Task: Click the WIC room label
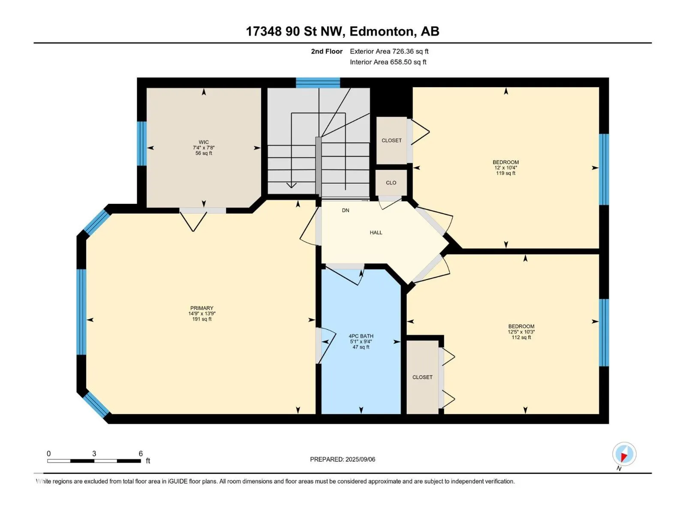tap(204, 142)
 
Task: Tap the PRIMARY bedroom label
tap(202, 308)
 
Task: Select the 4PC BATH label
tap(361, 336)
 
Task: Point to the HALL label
tap(376, 232)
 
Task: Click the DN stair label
tap(345, 210)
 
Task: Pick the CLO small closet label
tap(391, 183)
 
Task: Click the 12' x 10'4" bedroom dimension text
tap(505, 168)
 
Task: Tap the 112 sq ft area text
tap(521, 337)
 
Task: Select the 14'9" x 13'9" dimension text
tap(202, 314)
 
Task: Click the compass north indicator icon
tap(624, 454)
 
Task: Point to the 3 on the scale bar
tap(94, 453)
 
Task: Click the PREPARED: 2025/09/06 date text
tap(343, 459)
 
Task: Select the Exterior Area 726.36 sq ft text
tap(389, 51)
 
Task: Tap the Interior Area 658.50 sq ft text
tap(388, 62)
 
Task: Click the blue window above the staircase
tap(318, 82)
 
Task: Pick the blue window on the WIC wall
tap(141, 143)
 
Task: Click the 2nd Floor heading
tap(327, 51)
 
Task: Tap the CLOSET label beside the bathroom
tap(422, 377)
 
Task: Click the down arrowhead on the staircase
tap(291, 185)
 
